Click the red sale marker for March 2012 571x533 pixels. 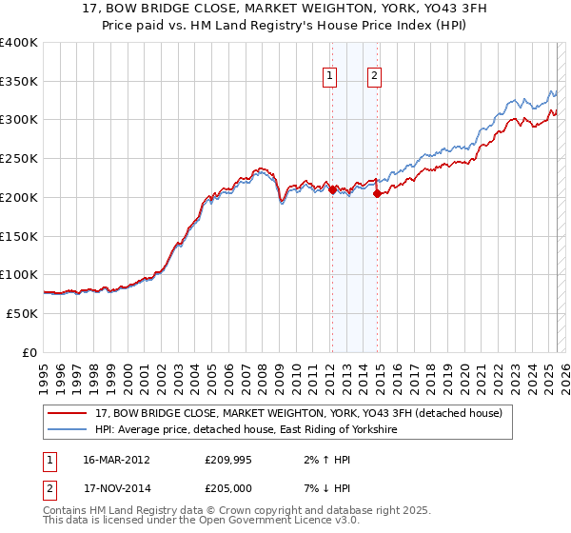pyautogui.click(x=332, y=189)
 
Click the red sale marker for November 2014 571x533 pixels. pyautogui.click(x=378, y=193)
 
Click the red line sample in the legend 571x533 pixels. pyautogui.click(x=67, y=413)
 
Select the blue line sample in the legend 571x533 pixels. pyautogui.click(x=67, y=430)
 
